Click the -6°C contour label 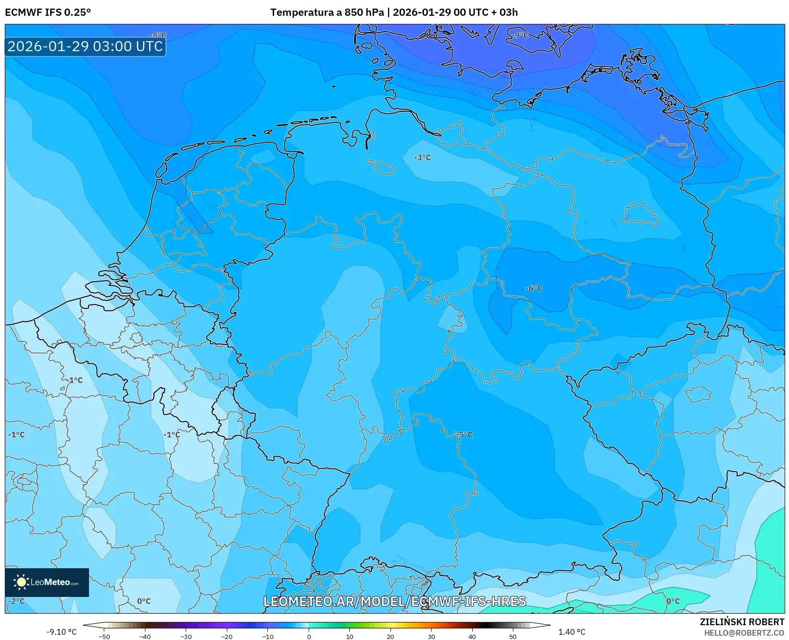(x=534, y=288)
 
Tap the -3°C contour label (x=422, y=157)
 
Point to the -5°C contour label (x=464, y=435)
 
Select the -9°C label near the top (x=520, y=35)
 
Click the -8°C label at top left (x=158, y=35)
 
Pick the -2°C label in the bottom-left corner (x=17, y=601)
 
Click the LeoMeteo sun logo (x=21, y=582)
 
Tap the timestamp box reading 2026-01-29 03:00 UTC (x=85, y=46)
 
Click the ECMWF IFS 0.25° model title (x=48, y=12)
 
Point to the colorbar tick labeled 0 (x=309, y=636)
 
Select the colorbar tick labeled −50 (x=104, y=636)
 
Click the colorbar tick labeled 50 (x=513, y=636)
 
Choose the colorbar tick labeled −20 (x=227, y=636)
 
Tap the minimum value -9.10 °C (x=61, y=632)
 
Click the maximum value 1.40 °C (x=572, y=632)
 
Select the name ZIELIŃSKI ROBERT (x=742, y=622)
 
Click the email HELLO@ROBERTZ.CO (x=744, y=633)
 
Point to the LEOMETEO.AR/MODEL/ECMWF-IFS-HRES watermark (x=395, y=601)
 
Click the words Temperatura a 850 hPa (x=327, y=12)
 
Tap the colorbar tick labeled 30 (x=432, y=636)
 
